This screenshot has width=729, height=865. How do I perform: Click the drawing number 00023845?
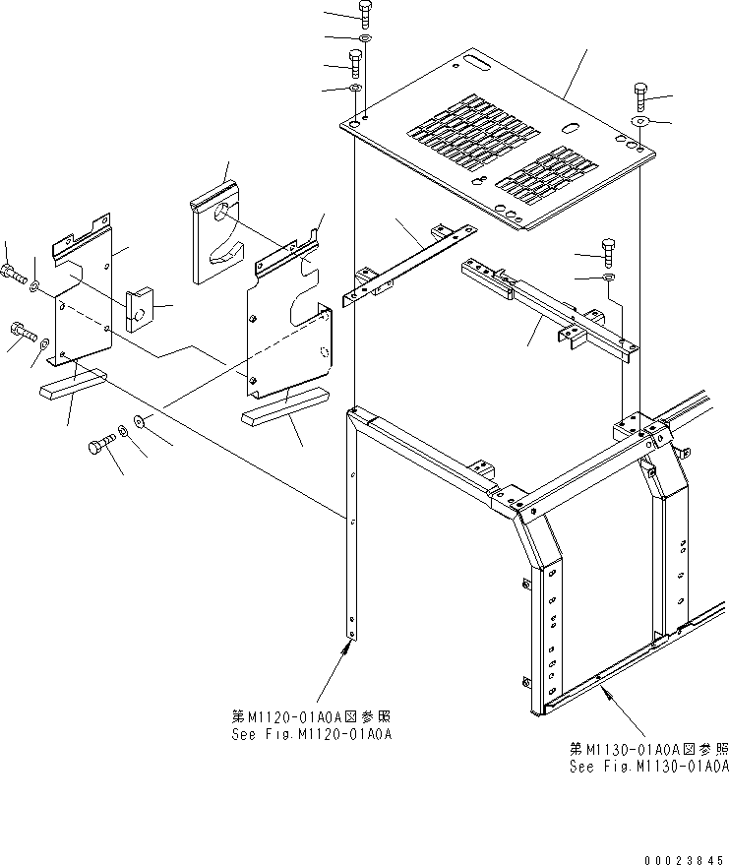684,860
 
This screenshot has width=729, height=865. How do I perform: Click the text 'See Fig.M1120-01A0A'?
312,735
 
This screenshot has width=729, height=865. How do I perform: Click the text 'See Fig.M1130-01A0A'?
649,767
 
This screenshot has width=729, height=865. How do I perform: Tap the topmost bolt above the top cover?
364,15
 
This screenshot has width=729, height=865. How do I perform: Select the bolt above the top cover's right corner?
640,97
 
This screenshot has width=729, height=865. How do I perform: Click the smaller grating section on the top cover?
546,173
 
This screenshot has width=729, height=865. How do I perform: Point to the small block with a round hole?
139,310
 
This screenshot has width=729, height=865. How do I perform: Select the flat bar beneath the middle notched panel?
285,404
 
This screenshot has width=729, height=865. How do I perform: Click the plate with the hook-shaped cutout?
218,232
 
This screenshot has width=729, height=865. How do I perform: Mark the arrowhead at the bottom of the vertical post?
348,649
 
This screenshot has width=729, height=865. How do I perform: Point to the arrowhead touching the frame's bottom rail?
607,693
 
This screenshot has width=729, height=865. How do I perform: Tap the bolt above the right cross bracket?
608,253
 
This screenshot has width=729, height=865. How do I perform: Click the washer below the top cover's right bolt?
638,121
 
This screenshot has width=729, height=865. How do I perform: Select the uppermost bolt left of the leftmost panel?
13,273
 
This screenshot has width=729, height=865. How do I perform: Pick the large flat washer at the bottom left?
139,422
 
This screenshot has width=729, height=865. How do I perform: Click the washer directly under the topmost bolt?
364,38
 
